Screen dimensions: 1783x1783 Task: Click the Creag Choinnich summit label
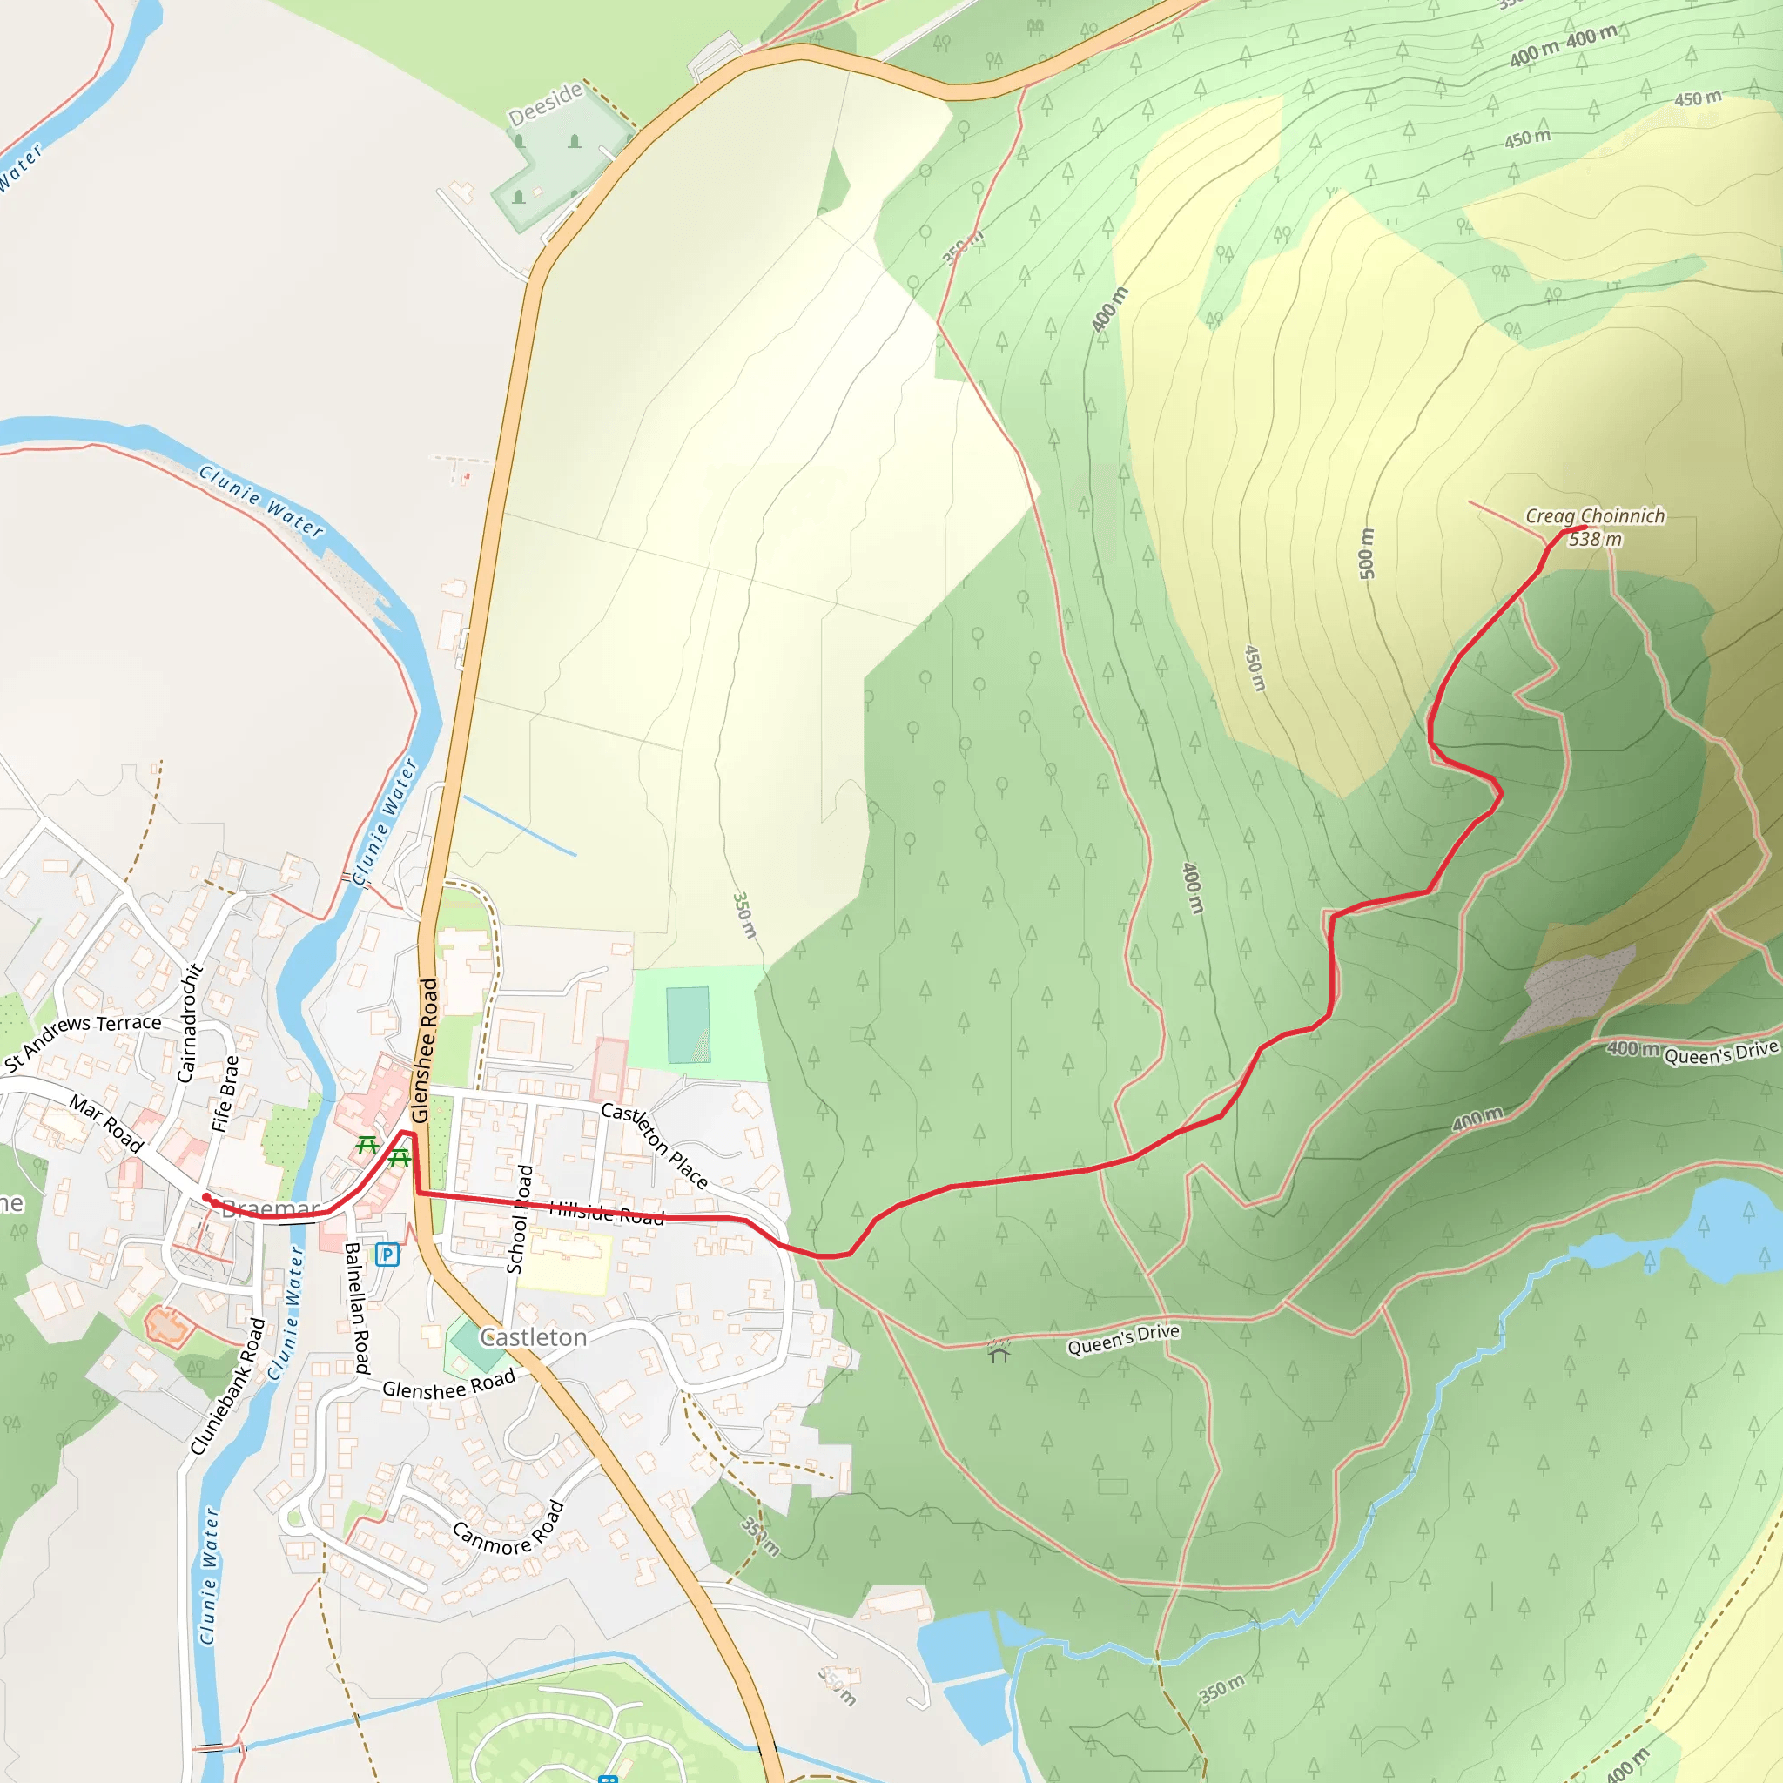[x=1594, y=517]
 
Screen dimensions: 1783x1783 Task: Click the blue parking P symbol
[x=387, y=1255]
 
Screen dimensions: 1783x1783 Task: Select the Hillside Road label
[x=606, y=1214]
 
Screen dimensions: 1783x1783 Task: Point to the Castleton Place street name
[x=655, y=1144]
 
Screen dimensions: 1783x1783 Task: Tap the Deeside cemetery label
[x=545, y=104]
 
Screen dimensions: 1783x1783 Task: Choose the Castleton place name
[x=533, y=1337]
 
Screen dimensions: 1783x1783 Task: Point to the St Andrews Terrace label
[x=82, y=1042]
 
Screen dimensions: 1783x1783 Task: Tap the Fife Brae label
[x=225, y=1093]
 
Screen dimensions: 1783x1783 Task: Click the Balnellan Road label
[x=356, y=1308]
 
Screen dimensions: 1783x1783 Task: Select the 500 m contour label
[x=1367, y=554]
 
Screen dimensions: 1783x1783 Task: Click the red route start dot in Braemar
[x=206, y=1198]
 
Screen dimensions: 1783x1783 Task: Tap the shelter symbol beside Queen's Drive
[x=999, y=1353]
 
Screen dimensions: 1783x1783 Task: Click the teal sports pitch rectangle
[x=688, y=1025]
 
